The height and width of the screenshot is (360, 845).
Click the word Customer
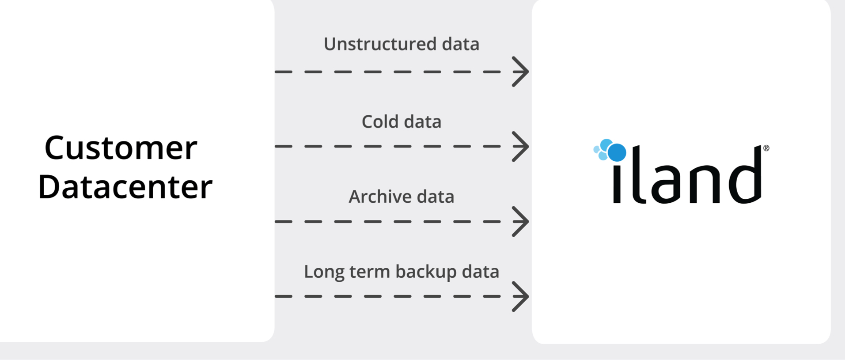click(121, 148)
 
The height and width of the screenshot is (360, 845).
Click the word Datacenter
click(125, 187)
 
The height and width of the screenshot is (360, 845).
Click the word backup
click(426, 272)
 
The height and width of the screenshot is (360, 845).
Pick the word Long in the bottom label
click(324, 272)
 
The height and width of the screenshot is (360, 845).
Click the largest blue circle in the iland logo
click(617, 152)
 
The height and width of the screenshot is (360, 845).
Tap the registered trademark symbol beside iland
click(766, 148)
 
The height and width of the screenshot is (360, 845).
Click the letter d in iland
click(745, 177)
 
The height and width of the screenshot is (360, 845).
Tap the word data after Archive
click(435, 197)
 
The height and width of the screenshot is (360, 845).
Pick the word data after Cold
click(423, 122)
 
